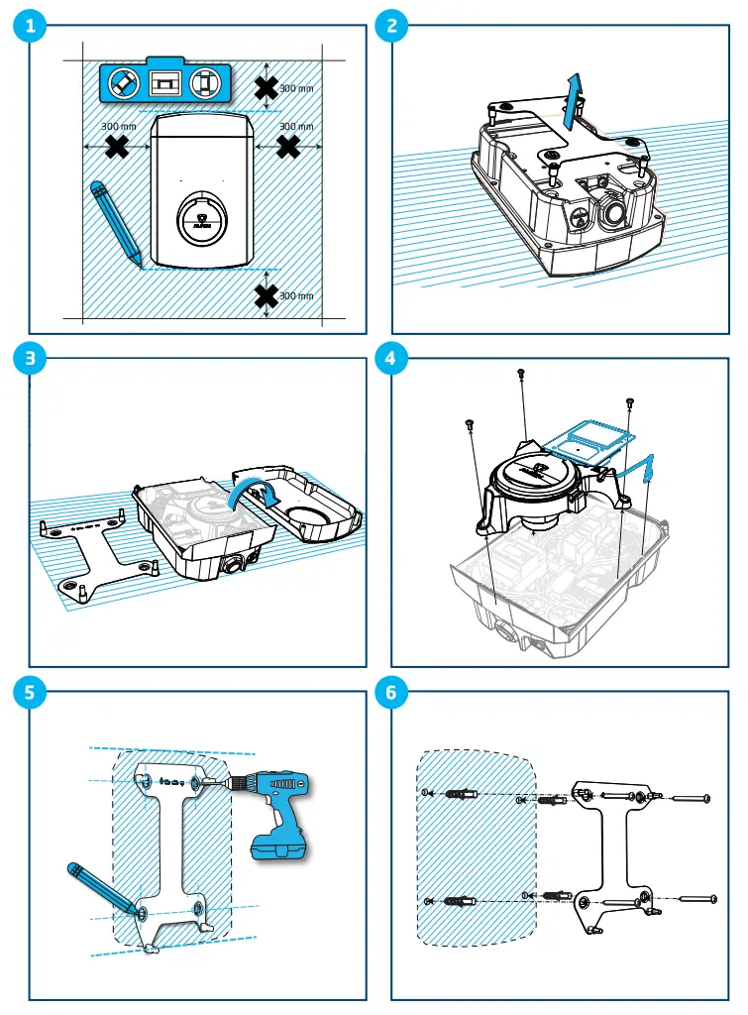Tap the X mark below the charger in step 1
pos(266,295)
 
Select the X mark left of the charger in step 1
pos(117,148)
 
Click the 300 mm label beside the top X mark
pos(296,89)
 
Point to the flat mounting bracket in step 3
pos(94,555)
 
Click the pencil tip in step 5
pos(136,909)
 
